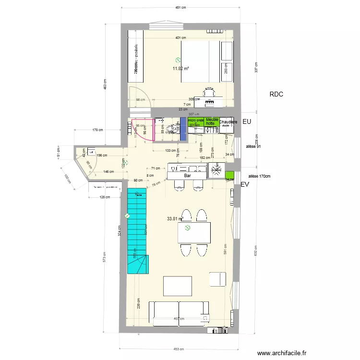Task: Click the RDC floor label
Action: (x=276, y=95)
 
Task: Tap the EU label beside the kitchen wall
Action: (x=247, y=122)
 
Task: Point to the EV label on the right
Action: (x=245, y=184)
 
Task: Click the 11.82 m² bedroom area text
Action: (x=180, y=68)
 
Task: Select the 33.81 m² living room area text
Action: (x=175, y=219)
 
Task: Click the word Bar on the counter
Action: (x=188, y=176)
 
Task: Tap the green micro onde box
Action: (x=196, y=121)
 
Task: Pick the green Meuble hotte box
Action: (x=212, y=121)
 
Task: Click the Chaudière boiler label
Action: (x=228, y=122)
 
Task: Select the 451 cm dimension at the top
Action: (x=180, y=8)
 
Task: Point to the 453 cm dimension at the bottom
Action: (x=180, y=349)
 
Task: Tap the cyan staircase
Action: (x=136, y=230)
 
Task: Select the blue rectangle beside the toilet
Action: (x=183, y=129)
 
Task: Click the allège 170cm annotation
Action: (x=259, y=176)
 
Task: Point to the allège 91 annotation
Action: (x=253, y=146)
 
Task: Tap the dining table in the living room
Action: (x=194, y=233)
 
